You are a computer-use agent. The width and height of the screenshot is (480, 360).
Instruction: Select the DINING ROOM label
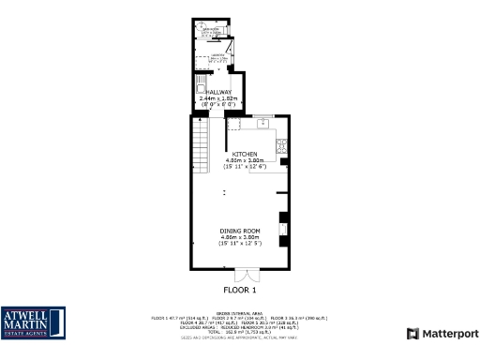[240, 231]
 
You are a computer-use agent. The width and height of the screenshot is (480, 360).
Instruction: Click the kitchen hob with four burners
[281, 145]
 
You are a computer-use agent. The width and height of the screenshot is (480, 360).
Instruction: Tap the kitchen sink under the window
[262, 123]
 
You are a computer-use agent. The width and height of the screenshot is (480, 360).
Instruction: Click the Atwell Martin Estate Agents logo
[34, 322]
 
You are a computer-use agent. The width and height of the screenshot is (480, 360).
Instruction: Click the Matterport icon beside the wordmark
[412, 334]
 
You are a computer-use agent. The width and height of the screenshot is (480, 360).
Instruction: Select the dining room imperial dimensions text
[240, 244]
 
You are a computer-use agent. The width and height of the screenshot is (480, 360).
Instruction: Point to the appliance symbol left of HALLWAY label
[200, 85]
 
